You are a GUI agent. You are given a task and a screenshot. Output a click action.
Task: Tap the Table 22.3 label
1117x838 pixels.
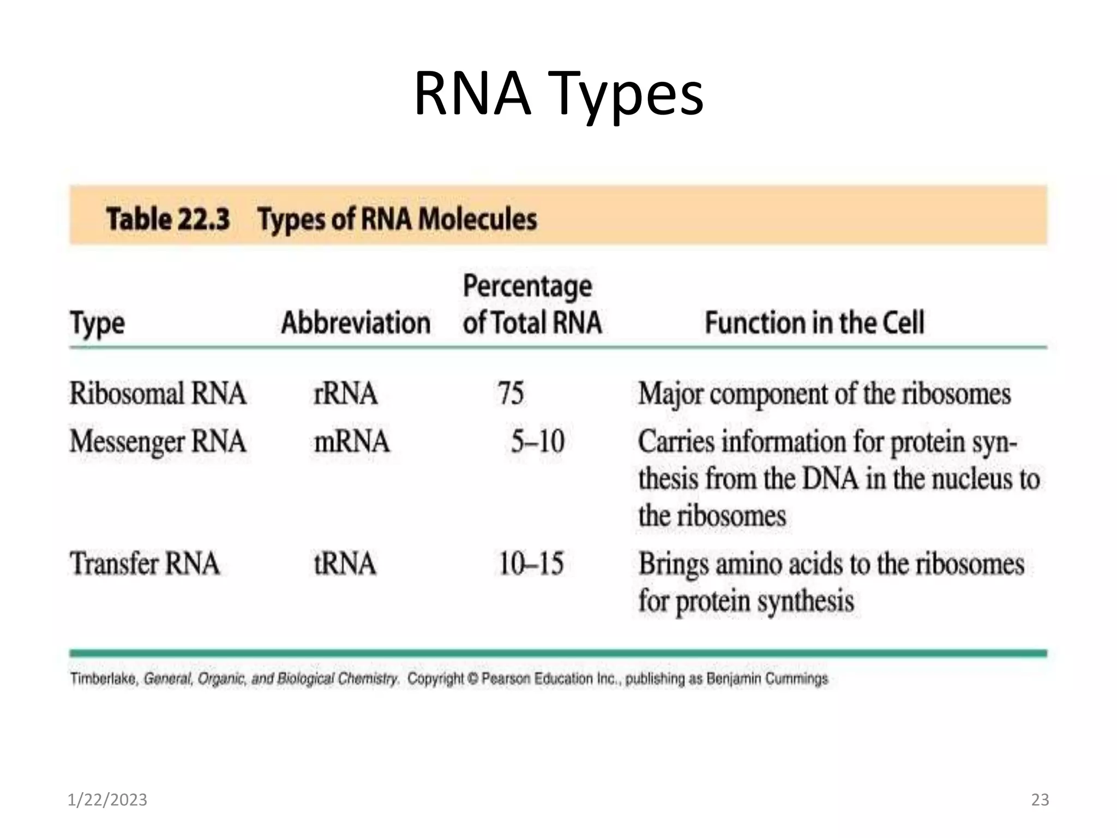pyautogui.click(x=168, y=219)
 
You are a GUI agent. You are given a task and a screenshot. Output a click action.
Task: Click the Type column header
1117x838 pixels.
pyautogui.click(x=97, y=324)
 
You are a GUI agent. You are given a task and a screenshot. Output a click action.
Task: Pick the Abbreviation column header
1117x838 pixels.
pyautogui.click(x=356, y=322)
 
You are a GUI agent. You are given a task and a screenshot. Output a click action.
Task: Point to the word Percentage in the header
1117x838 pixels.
pyautogui.click(x=527, y=286)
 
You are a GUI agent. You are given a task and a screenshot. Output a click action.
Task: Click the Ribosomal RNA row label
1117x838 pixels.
pyautogui.click(x=158, y=393)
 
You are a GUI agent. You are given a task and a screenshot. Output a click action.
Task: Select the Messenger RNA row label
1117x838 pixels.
pyautogui.click(x=158, y=441)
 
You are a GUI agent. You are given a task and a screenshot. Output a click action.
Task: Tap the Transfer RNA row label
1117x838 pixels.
pyautogui.click(x=145, y=564)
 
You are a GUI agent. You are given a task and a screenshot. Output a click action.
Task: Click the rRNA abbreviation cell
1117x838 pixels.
pyautogui.click(x=345, y=393)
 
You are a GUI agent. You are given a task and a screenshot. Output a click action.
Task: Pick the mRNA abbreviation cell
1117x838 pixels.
pyautogui.click(x=352, y=441)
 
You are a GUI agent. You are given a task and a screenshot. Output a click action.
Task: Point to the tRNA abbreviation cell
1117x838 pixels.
pyautogui.click(x=345, y=564)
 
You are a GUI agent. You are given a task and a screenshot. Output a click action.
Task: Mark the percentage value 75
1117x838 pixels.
pyautogui.click(x=511, y=393)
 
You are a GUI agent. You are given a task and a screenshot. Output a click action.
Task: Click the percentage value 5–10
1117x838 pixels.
pyautogui.click(x=537, y=441)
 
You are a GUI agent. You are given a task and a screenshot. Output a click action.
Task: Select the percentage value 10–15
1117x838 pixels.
pyautogui.click(x=531, y=564)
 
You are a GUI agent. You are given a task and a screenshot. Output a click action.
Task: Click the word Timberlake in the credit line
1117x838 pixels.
pyautogui.click(x=103, y=679)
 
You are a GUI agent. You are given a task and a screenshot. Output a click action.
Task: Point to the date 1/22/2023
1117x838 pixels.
pyautogui.click(x=107, y=800)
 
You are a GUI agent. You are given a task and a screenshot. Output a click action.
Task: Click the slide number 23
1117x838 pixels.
pyautogui.click(x=1040, y=800)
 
